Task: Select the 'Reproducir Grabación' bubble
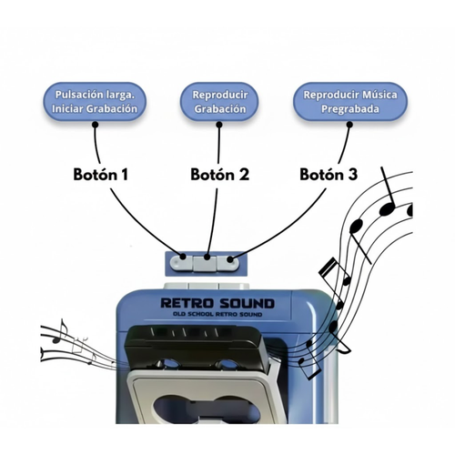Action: pos(219,101)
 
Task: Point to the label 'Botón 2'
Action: pos(219,174)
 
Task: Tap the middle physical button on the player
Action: pos(207,263)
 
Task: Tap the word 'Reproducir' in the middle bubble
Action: pos(219,94)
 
